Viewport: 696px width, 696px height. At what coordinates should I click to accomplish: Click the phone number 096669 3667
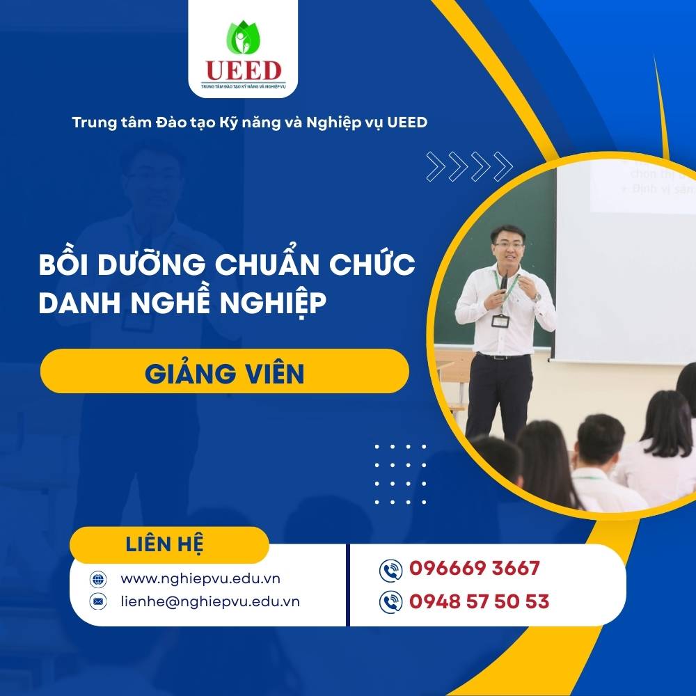tap(475, 569)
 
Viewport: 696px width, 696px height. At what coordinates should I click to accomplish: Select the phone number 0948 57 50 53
tap(480, 601)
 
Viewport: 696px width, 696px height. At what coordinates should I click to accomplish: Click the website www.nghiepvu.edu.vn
tap(201, 578)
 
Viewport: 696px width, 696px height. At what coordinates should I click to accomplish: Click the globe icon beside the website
tap(97, 579)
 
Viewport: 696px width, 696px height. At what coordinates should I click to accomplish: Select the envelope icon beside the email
tap(97, 601)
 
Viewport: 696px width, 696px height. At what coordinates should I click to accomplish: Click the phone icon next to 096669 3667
tap(391, 570)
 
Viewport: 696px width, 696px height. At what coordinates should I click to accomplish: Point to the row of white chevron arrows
tap(469, 166)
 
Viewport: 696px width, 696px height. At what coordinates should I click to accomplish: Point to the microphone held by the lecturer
tap(503, 282)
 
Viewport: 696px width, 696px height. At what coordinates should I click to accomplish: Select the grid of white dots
tap(400, 473)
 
